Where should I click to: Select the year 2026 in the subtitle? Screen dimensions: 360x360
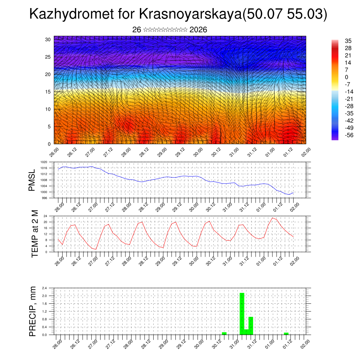(198, 30)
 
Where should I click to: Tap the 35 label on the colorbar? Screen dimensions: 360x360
(348, 41)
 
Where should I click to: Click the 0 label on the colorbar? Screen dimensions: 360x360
(347, 77)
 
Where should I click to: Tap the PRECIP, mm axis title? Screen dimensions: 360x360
(33, 311)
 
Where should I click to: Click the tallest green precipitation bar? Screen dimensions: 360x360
(242, 313)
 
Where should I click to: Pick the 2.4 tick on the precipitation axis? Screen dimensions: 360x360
(45, 288)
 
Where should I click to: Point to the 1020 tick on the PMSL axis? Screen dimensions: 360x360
(43, 162)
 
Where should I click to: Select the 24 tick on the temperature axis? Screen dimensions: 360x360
(45, 216)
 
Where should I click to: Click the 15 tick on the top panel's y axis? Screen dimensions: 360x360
(48, 92)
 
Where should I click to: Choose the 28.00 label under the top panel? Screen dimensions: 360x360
(126, 152)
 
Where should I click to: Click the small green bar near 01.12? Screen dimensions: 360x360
(286, 333)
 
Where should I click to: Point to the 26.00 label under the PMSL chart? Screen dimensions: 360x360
(59, 206)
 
